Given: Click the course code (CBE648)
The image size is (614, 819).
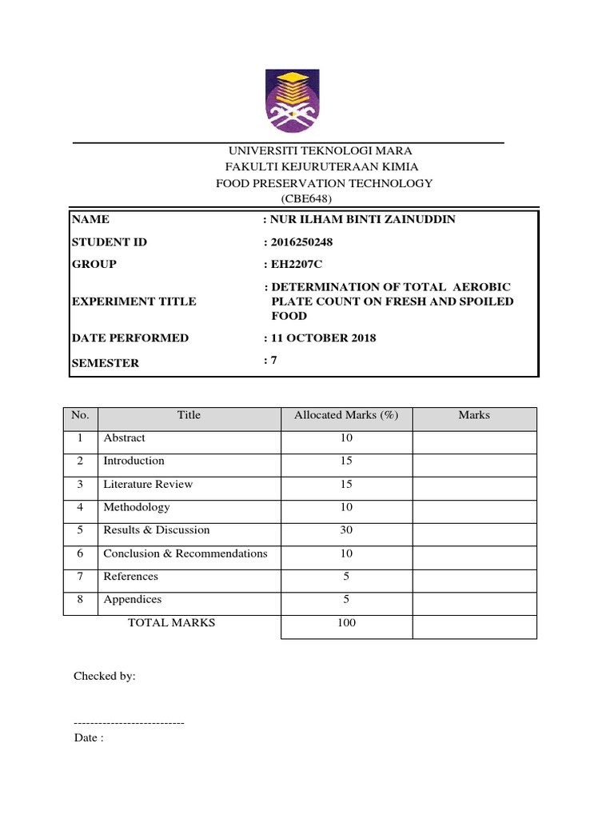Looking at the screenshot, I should (304, 198).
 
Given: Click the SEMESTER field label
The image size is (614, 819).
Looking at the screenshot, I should (105, 363).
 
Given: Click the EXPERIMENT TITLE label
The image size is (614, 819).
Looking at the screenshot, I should (134, 302).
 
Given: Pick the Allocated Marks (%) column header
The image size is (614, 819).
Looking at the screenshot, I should (346, 415).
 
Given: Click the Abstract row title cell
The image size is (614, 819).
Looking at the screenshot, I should (125, 438).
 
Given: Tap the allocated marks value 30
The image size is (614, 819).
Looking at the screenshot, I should (346, 530).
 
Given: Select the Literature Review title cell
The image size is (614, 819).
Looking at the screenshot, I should (148, 485).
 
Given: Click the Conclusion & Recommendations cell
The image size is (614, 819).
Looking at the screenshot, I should (185, 553).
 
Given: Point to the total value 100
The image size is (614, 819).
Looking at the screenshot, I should (346, 623).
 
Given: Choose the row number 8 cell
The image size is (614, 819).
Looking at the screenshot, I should (80, 600).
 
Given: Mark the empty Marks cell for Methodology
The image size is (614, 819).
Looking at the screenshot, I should (474, 508).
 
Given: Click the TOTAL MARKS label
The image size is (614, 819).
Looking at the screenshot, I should (171, 622).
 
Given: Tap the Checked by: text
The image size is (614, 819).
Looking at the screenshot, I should (105, 676).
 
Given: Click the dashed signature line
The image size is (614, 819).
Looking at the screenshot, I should (129, 722).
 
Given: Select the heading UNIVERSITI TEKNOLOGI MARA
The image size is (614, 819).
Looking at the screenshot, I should (309, 150).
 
